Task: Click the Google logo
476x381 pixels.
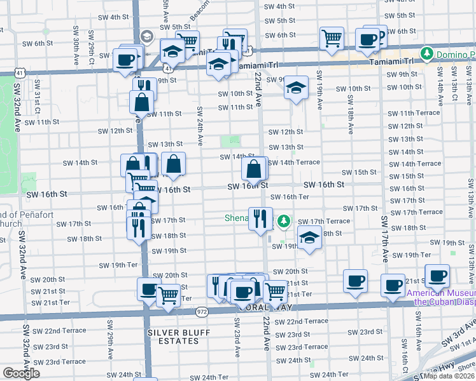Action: (x=21, y=373)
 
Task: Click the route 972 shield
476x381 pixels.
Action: (x=202, y=312)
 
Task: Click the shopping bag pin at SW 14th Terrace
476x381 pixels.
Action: (x=254, y=169)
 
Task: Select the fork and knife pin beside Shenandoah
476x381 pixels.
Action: (x=260, y=219)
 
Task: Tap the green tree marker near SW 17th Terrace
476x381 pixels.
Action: (x=284, y=222)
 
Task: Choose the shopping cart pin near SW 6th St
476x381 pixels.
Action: (x=332, y=38)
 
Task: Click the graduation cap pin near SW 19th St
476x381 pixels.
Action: (x=309, y=239)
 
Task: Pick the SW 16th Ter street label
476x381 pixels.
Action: (x=294, y=197)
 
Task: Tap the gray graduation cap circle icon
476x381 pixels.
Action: (x=148, y=36)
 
